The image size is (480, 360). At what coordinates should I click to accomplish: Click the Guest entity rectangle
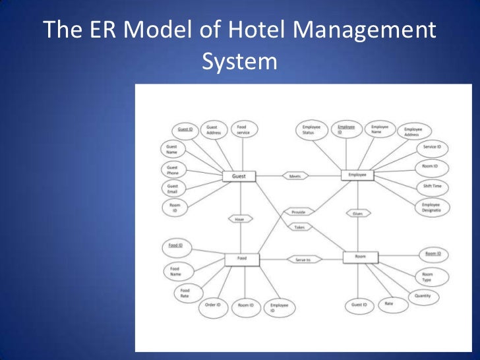click(239, 176)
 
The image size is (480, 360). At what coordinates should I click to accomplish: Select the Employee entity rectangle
click(357, 175)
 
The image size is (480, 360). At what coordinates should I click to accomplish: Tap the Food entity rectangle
click(242, 258)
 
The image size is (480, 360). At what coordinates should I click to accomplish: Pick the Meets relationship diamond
click(295, 176)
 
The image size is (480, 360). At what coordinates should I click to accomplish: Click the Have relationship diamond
click(239, 219)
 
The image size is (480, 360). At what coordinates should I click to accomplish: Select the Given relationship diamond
click(358, 214)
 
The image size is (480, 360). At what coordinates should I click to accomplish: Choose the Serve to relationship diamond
click(303, 260)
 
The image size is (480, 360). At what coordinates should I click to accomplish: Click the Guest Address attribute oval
click(213, 130)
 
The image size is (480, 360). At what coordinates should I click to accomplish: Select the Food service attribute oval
click(242, 129)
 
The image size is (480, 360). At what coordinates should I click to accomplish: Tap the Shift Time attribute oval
click(432, 187)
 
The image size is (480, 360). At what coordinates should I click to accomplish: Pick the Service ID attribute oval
click(431, 146)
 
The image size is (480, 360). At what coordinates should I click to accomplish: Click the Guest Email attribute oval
click(172, 189)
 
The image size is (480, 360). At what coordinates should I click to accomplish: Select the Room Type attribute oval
click(427, 276)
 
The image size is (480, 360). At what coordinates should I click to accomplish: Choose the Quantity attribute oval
click(423, 296)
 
